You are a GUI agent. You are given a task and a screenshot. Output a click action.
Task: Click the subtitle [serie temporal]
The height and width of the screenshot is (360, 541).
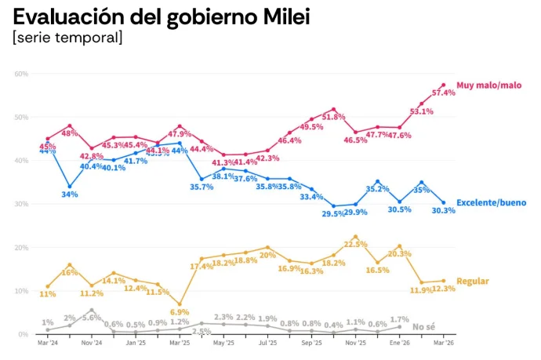click(x=67, y=38)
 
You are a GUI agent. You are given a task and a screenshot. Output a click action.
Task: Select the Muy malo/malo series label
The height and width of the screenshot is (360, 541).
click(x=489, y=85)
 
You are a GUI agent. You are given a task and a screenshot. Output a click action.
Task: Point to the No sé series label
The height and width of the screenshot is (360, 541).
click(x=424, y=326)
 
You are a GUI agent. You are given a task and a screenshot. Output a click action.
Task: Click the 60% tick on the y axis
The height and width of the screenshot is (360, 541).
click(x=21, y=74)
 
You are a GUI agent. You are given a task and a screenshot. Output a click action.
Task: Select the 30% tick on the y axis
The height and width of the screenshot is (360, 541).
click(x=21, y=204)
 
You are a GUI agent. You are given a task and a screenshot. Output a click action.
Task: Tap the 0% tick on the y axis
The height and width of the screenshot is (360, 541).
click(x=24, y=334)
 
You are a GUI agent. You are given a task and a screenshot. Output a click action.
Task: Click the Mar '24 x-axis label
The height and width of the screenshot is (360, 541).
click(x=47, y=344)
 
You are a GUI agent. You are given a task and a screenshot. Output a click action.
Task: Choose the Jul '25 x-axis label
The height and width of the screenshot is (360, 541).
click(x=267, y=344)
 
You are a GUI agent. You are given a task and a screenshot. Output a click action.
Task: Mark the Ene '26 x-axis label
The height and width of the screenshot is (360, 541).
click(x=399, y=344)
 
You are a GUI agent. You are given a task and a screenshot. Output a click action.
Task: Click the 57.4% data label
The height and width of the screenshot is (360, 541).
click(x=445, y=94)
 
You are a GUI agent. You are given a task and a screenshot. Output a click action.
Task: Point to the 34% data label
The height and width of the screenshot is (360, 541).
click(x=70, y=195)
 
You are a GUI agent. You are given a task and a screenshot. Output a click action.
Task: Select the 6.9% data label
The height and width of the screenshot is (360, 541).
click(x=180, y=313)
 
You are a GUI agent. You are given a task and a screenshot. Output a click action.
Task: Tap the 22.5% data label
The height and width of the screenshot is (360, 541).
click(x=356, y=245)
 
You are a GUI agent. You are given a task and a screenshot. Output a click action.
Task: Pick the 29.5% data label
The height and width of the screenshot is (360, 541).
click(x=334, y=213)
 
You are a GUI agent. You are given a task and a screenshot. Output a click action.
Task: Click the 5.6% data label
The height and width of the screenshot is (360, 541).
click(x=93, y=318)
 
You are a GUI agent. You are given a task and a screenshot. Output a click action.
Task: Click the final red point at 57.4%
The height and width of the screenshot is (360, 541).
click(x=443, y=85)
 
